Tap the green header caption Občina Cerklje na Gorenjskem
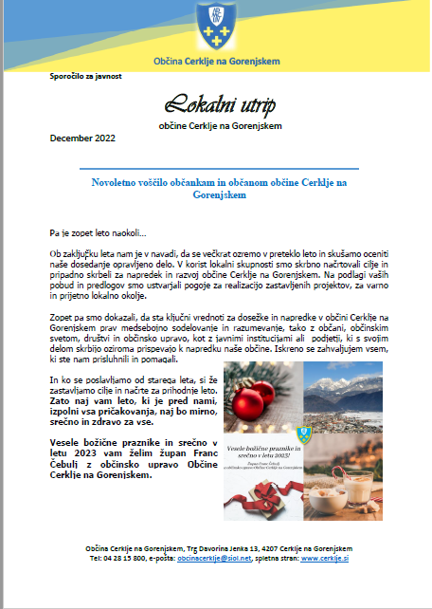click(216, 62)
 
